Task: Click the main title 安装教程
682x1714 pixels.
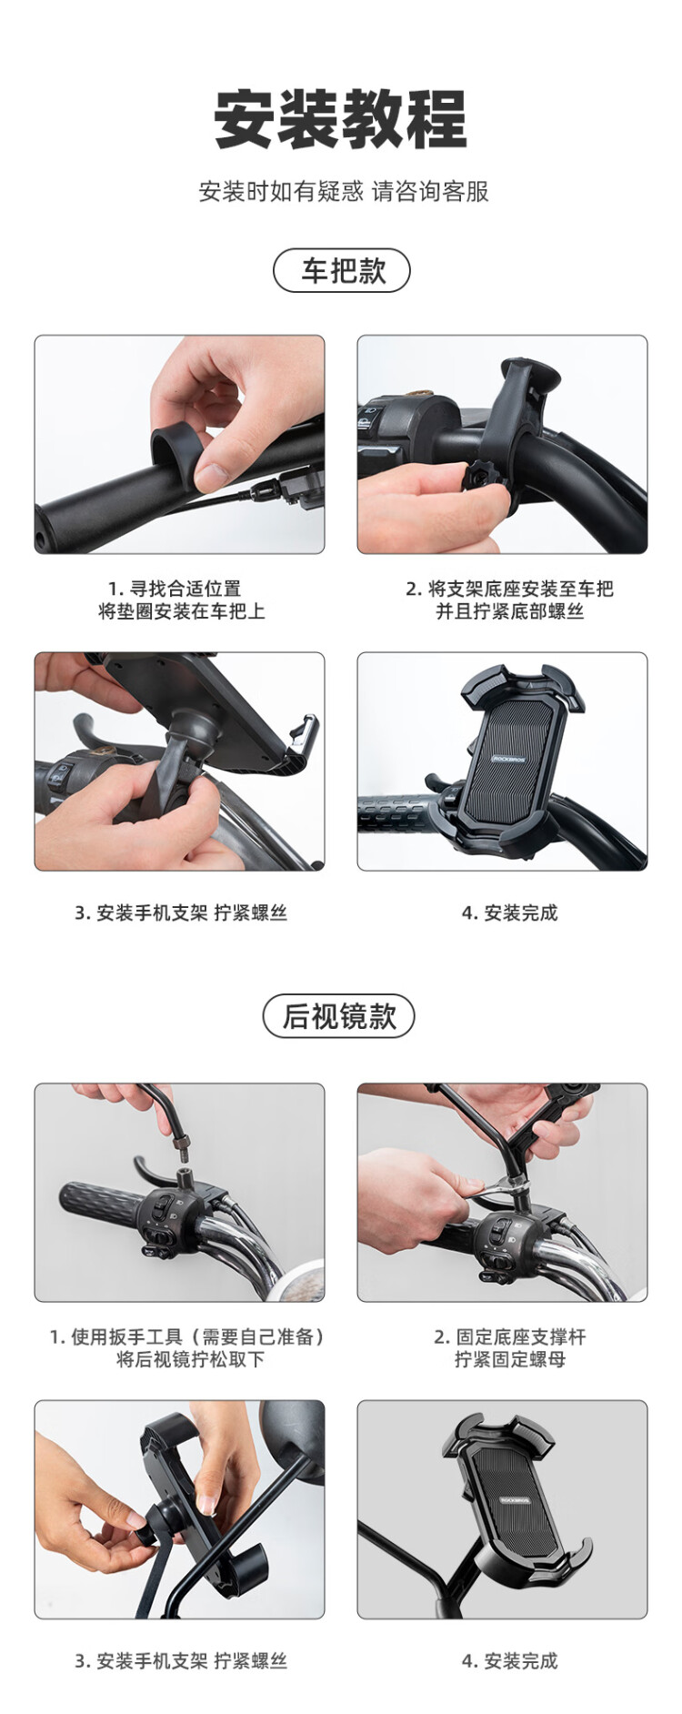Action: (340, 119)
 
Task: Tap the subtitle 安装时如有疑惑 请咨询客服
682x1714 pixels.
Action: (343, 192)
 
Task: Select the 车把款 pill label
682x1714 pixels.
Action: (342, 271)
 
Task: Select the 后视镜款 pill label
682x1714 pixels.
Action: (338, 1016)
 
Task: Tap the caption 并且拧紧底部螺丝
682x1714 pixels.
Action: (509, 611)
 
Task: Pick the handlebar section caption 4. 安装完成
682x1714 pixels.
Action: (509, 912)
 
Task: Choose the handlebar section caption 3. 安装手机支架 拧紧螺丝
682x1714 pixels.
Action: (180, 912)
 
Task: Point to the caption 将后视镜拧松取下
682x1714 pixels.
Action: (190, 1359)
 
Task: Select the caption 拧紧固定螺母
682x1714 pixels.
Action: (509, 1359)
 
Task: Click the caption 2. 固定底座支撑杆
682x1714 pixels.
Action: (509, 1336)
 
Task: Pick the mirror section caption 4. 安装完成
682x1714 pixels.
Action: (509, 1660)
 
